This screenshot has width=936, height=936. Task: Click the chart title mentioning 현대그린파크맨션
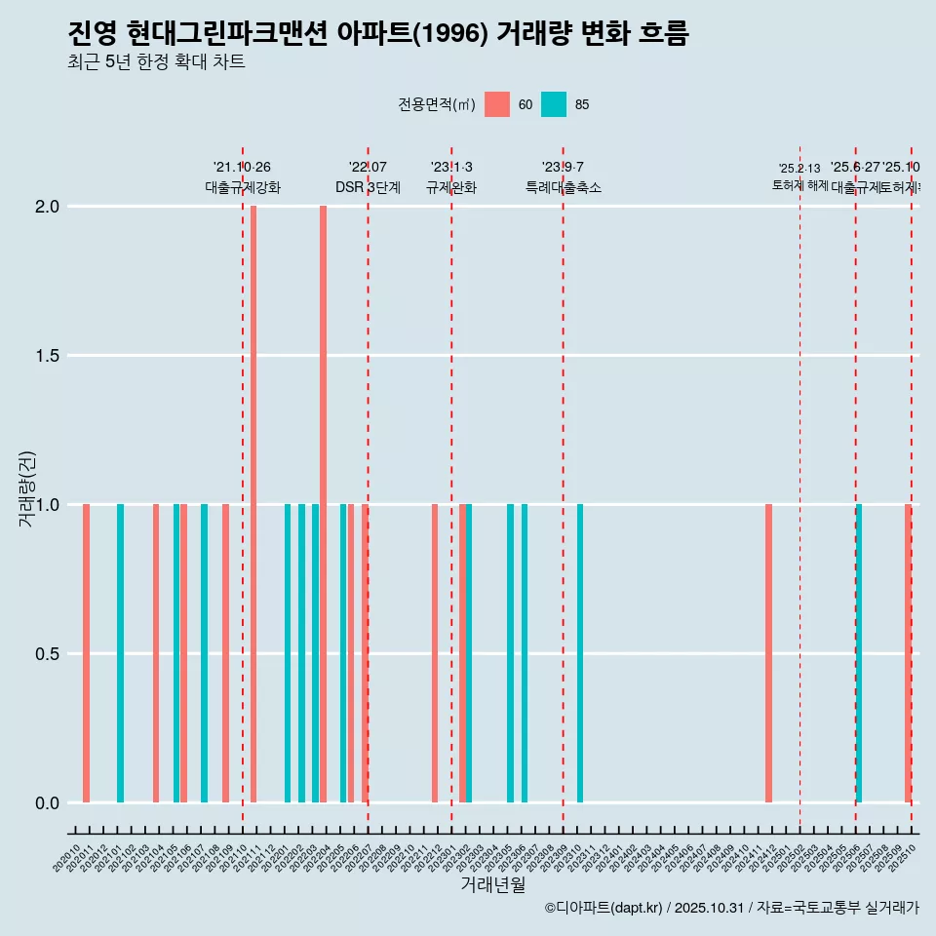(x=378, y=34)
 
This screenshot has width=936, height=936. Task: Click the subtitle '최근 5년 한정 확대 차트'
(x=156, y=62)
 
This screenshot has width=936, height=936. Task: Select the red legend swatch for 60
(x=496, y=104)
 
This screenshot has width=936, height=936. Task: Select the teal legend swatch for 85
(x=553, y=104)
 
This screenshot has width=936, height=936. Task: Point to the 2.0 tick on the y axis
(x=48, y=207)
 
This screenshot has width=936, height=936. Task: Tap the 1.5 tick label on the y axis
(x=48, y=356)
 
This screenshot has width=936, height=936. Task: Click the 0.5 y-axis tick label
(x=48, y=654)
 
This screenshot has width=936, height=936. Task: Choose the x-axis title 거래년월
(x=492, y=885)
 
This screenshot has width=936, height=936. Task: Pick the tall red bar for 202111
(x=253, y=504)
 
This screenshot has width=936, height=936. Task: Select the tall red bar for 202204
(x=323, y=504)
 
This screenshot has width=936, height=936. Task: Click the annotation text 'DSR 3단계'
(x=368, y=187)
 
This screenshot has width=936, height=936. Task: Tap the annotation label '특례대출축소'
(x=563, y=187)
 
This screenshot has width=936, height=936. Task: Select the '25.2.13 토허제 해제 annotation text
(x=799, y=176)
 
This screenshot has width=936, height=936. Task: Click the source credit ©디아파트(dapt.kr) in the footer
(x=604, y=908)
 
